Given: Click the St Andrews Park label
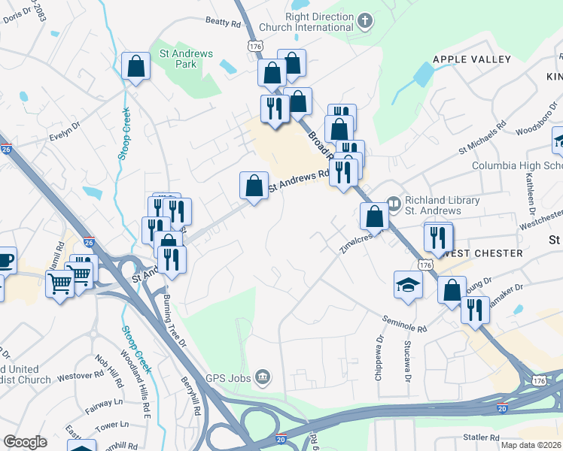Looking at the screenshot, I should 186,59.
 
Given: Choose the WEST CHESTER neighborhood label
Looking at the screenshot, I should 482,253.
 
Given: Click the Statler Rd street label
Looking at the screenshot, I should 482,437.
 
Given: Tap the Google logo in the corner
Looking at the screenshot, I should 25,442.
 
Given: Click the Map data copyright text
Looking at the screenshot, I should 530,445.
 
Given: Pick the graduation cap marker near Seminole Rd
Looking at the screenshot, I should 408,285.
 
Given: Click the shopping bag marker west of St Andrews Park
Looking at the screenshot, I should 135,66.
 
